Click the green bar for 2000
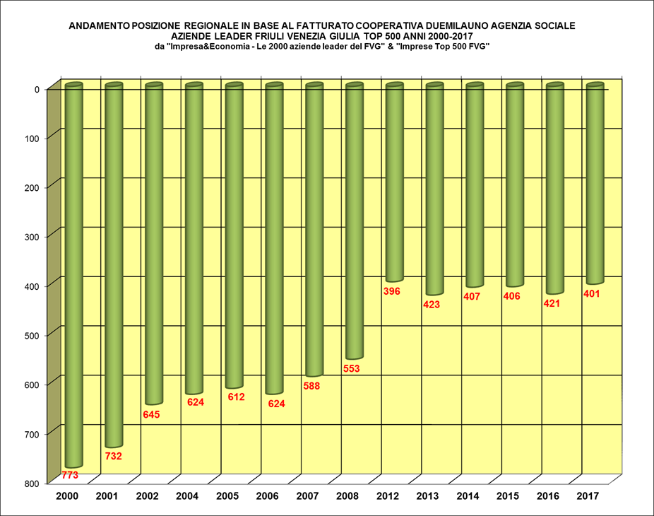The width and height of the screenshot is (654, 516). coord(73,276)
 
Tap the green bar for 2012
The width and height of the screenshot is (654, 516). coord(395,182)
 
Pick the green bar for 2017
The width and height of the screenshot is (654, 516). coord(595,184)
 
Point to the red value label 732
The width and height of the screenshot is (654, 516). coord(113,456)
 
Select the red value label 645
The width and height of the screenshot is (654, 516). coord(151,414)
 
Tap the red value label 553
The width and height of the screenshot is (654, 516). coord(351,368)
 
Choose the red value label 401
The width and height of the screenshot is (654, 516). coord(591,293)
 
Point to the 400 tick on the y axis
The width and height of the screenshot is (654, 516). coord(31,285)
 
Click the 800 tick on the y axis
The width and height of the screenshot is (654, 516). coord(31,483)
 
